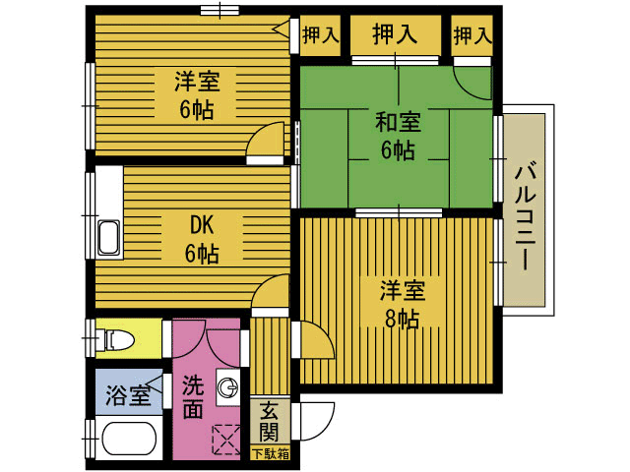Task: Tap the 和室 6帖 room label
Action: [398, 137]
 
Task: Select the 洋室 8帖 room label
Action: [403, 304]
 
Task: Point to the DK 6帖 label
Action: [201, 239]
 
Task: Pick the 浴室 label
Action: [128, 395]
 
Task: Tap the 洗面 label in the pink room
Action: [193, 395]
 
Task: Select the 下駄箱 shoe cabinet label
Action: [271, 454]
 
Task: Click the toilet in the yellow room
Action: [116, 340]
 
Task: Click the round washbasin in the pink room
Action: [228, 386]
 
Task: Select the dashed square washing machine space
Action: [225, 439]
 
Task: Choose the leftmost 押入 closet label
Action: [320, 36]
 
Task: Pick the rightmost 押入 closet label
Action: [472, 36]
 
